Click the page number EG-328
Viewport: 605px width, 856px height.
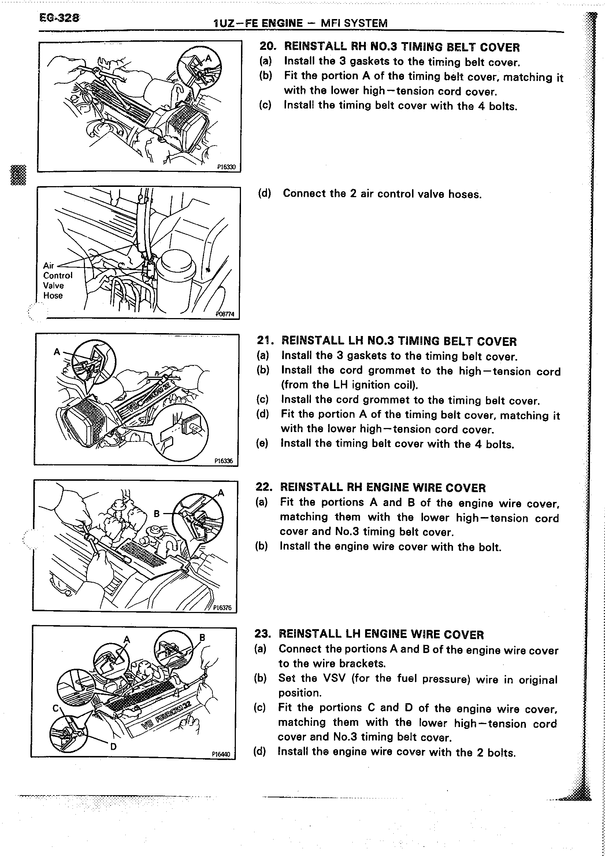[59, 18]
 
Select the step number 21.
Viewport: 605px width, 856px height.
[265, 340]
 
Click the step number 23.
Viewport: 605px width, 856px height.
[262, 634]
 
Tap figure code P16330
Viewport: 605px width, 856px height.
[226, 167]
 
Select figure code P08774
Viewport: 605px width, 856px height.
[225, 314]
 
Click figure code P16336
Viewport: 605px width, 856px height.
[223, 461]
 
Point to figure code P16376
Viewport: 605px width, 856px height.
[222, 607]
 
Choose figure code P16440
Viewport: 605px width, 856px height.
[221, 754]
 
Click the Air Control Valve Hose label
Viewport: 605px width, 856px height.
[57, 280]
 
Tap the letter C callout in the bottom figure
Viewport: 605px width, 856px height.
[56, 707]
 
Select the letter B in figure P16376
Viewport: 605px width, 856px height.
[157, 514]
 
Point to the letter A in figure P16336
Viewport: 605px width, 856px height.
[57, 351]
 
